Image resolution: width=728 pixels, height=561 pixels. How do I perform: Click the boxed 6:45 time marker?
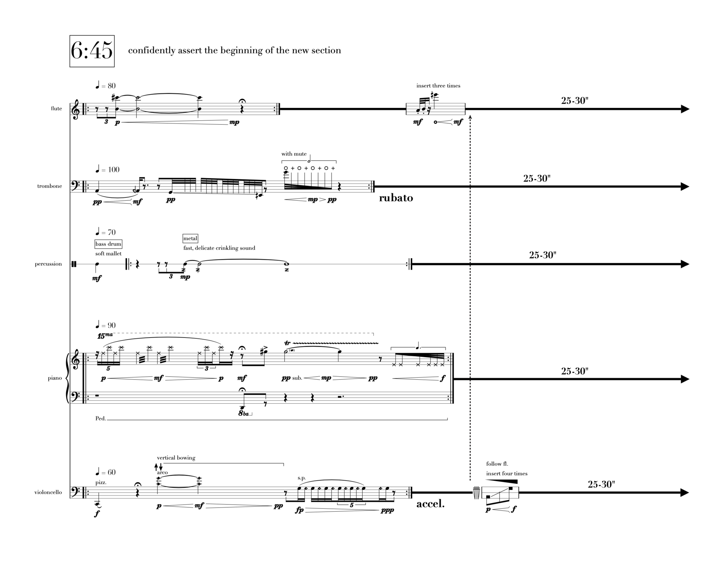point(92,51)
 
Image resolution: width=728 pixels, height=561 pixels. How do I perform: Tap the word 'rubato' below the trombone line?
point(396,198)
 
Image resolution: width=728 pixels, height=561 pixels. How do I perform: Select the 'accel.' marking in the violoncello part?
point(430,504)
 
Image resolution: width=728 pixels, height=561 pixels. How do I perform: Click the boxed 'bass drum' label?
point(108,244)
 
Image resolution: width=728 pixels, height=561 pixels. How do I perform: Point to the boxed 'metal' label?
point(190,238)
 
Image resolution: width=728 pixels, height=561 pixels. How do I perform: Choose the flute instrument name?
point(56,109)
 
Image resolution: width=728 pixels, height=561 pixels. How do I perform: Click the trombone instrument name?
point(49,186)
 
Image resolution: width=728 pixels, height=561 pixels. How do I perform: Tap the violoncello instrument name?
point(48,492)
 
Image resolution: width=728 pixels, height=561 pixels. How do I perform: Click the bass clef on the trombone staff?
point(76,186)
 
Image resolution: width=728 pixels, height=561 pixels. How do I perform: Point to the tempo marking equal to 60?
point(106,472)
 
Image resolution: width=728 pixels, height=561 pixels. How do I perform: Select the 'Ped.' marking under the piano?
point(101,419)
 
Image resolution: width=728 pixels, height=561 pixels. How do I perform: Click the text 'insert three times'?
point(438,86)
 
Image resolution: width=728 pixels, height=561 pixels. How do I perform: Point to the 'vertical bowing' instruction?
point(176,458)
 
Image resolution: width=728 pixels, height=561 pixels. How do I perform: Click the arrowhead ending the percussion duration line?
point(685,264)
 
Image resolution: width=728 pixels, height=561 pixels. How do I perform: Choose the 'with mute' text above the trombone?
point(294,154)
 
